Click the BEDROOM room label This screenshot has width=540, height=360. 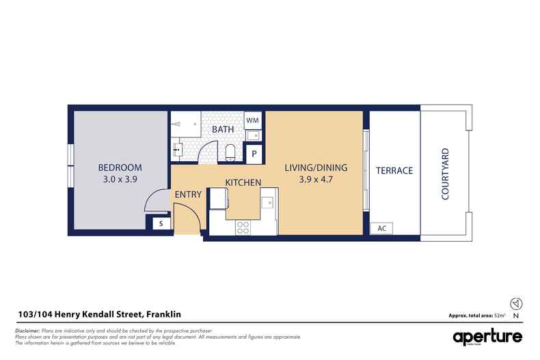click(x=120, y=167)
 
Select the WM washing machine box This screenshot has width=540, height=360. click(x=252, y=120)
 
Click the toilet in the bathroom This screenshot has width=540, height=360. click(x=230, y=152)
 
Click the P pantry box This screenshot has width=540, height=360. click(x=254, y=154)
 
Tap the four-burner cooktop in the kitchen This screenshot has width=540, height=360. click(x=243, y=227)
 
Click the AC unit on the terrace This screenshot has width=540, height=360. click(x=381, y=229)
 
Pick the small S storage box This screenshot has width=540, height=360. click(x=161, y=223)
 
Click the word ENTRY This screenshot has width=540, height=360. click(x=188, y=195)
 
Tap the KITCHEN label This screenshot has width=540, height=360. click(x=244, y=182)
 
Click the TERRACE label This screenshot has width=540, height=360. click(x=394, y=170)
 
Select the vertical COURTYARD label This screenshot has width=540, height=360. click(x=445, y=174)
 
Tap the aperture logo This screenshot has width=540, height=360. click(x=487, y=337)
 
